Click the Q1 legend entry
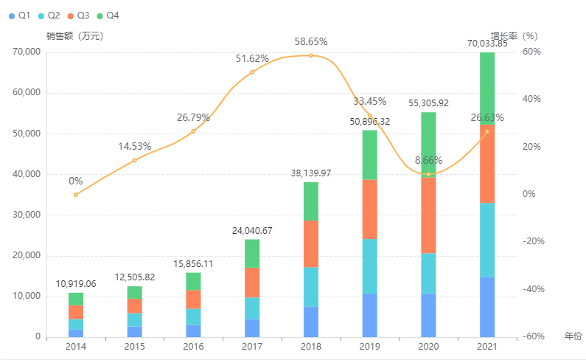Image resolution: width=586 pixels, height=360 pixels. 19,15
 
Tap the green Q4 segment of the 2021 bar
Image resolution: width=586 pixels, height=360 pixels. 487,88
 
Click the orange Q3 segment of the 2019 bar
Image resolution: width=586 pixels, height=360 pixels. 369,209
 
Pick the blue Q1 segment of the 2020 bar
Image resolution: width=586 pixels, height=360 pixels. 428,315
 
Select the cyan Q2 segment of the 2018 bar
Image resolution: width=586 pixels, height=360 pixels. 311,286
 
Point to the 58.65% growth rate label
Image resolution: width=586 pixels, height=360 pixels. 310,42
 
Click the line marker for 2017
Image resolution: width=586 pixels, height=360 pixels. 252,72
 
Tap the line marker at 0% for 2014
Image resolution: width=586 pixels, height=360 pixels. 75,195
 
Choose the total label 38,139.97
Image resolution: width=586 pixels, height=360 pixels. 311,173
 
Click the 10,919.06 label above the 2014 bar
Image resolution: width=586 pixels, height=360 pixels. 76,284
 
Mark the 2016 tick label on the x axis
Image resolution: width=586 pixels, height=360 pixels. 193,346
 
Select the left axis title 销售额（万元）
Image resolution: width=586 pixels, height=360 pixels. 74,35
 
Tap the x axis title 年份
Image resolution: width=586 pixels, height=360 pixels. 573,336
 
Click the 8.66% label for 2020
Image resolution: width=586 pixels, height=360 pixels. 428,160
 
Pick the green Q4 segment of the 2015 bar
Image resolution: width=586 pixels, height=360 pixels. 134,292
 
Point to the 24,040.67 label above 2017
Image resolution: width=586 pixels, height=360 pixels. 252,231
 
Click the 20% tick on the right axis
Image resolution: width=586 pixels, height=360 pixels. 531,147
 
